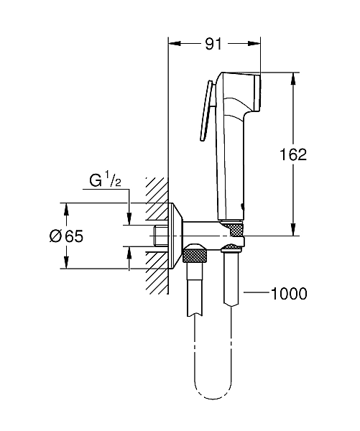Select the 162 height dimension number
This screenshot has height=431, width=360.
293,154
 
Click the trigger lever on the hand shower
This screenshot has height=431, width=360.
206,111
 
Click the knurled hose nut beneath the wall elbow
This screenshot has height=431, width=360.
195,254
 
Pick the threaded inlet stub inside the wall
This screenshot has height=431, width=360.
160,235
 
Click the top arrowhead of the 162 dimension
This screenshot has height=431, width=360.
293,78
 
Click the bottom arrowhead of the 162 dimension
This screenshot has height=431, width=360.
293,230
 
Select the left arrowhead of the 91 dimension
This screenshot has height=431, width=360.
173,44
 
